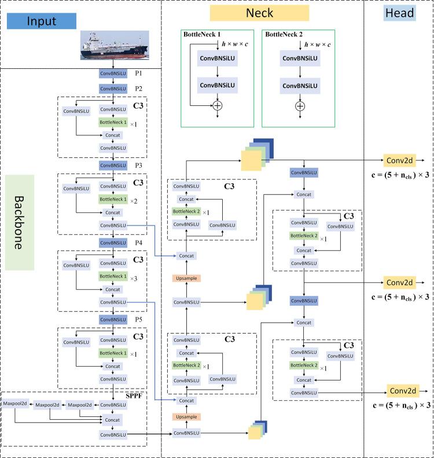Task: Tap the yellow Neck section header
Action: tap(260, 13)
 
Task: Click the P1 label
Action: tap(139, 74)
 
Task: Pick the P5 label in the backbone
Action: tap(139, 319)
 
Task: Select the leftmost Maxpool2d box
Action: tap(14, 405)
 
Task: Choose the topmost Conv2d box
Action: tap(399, 158)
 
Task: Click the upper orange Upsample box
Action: tap(186, 278)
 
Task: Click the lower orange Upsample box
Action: tap(186, 416)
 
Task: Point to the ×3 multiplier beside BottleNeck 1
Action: tap(133, 278)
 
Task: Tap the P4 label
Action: tap(139, 242)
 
